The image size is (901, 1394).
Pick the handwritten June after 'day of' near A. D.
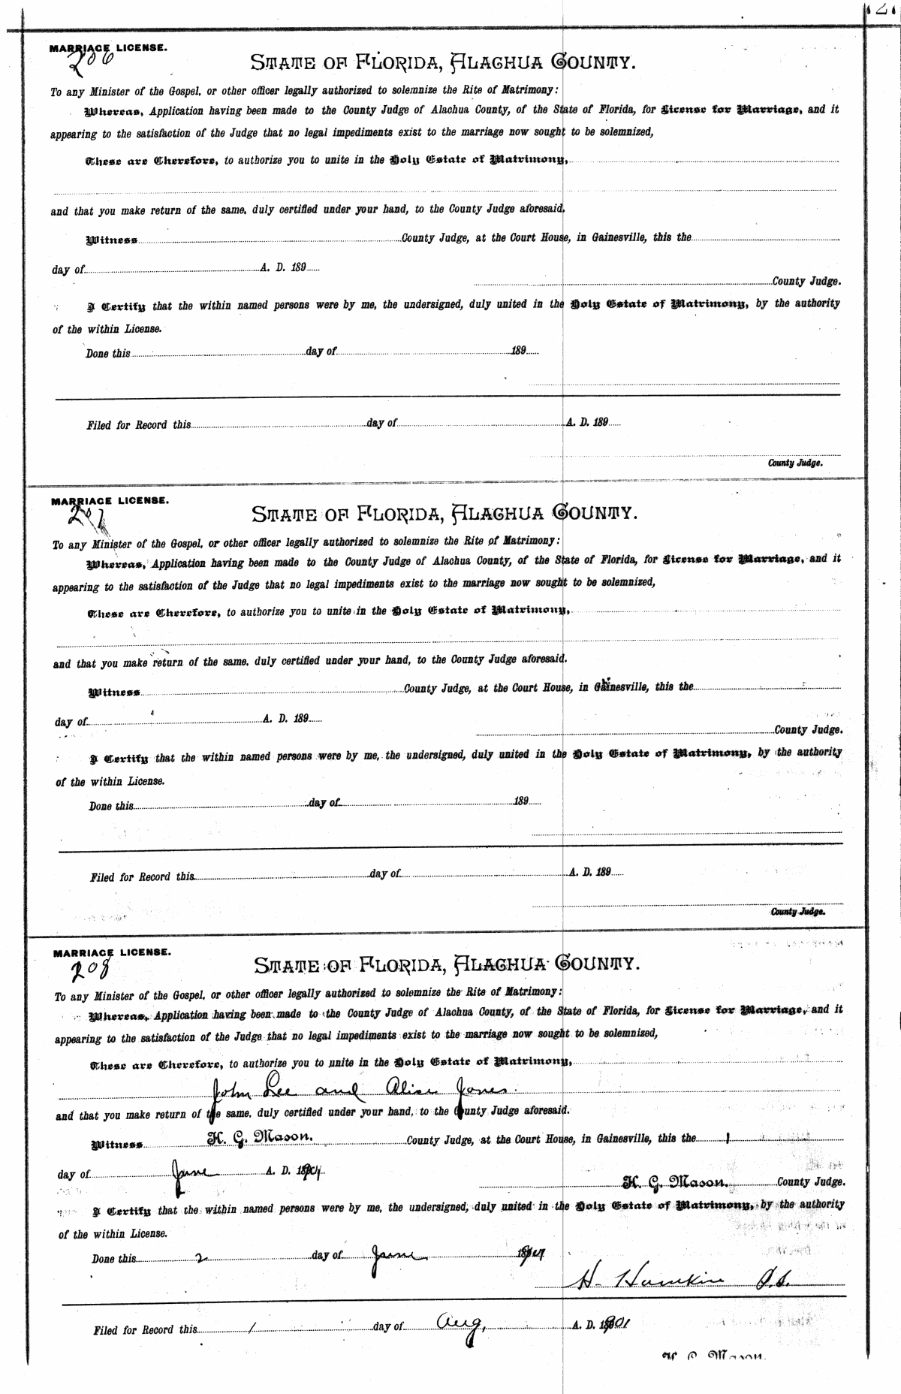click(194, 1169)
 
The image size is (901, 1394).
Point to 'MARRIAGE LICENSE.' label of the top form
click(109, 47)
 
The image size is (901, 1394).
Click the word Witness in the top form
click(112, 240)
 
